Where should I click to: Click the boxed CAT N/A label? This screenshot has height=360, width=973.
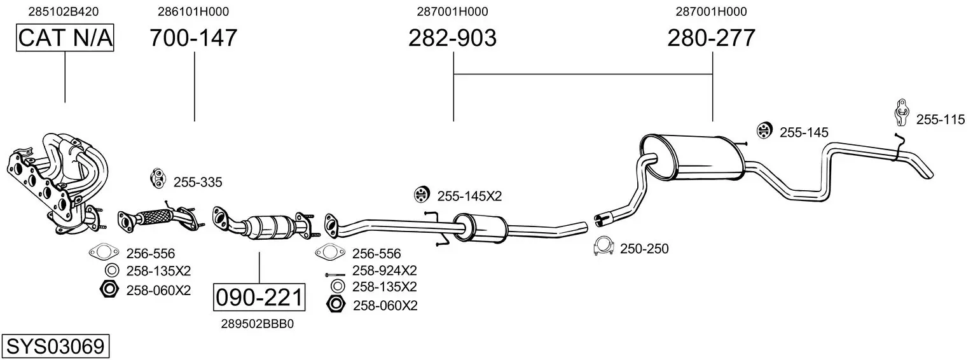coord(65,38)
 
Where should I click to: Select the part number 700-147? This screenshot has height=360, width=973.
coord(194,38)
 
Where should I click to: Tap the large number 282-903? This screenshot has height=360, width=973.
coord(452,38)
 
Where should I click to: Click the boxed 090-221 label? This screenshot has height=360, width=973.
coord(259,297)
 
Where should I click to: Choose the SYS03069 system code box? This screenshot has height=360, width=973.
coord(55,347)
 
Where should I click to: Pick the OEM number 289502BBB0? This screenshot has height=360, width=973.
coord(258,324)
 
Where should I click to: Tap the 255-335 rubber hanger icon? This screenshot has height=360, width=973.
coord(157,179)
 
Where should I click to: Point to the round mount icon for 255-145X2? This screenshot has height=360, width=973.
coord(420,194)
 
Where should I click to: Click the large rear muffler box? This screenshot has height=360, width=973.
coord(693,156)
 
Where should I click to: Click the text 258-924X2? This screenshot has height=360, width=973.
coord(384,270)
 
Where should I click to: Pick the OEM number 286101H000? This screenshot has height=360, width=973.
coord(193,11)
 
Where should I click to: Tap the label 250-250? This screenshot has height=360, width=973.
coord(644,249)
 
